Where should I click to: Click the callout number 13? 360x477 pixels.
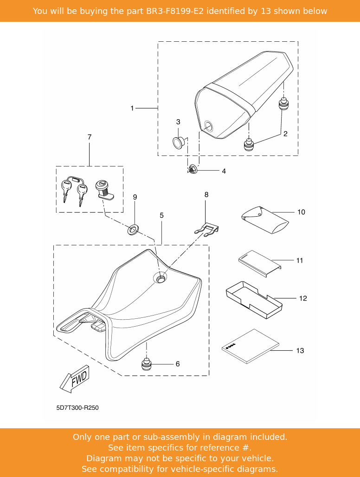tap(300, 350)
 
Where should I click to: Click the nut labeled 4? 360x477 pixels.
tap(191, 170)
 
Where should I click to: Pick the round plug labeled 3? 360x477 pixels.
tap(178, 141)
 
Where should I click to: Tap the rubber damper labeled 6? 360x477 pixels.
tap(147, 364)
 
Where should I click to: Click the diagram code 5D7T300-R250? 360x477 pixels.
tap(77, 408)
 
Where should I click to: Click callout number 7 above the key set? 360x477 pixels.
tap(90, 137)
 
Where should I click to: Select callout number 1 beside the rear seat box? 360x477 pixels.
tap(132, 108)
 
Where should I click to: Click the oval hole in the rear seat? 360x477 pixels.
tap(208, 125)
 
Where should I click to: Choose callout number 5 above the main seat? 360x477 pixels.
tap(161, 215)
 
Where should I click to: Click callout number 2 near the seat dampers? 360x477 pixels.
tap(285, 134)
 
